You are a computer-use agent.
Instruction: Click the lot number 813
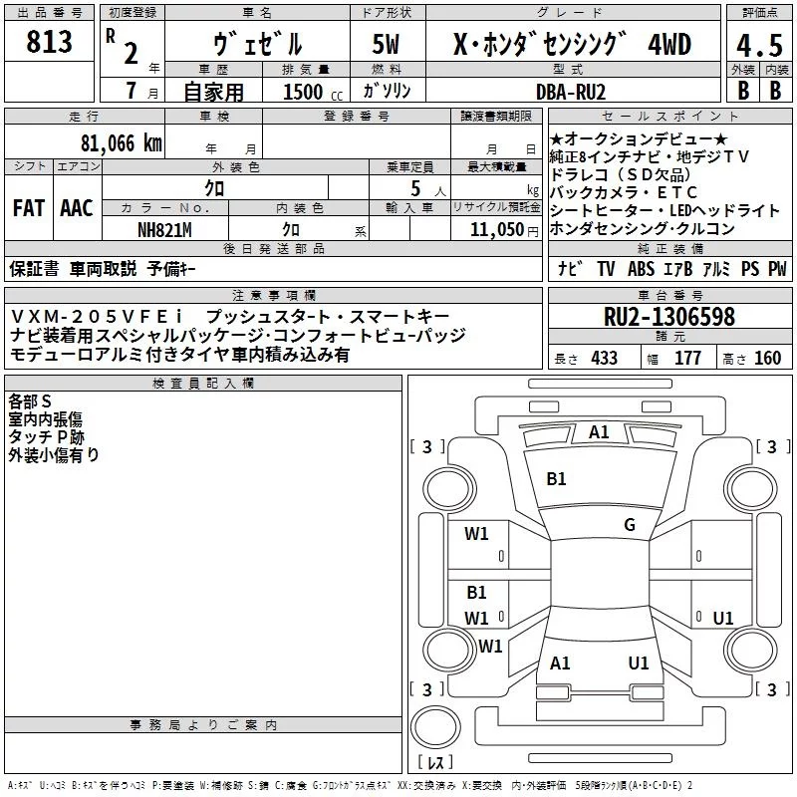[x=51, y=43]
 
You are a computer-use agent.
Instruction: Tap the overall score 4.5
[x=758, y=46]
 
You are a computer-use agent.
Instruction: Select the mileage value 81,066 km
[x=121, y=142]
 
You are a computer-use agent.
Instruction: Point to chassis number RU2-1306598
[x=668, y=318]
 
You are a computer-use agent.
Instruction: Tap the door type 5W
[x=388, y=44]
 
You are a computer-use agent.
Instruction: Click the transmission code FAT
[x=28, y=208]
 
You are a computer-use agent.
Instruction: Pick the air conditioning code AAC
[x=77, y=208]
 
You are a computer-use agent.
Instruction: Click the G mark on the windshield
[x=630, y=525]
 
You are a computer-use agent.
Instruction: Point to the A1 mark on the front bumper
[x=599, y=432]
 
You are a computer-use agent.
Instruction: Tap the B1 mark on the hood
[x=556, y=479]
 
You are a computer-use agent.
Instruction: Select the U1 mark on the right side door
[x=723, y=618]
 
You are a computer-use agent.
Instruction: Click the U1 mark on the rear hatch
[x=639, y=663]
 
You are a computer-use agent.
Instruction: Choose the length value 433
[x=603, y=359]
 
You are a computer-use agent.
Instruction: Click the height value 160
[x=767, y=359]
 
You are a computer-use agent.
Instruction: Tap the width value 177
[x=687, y=359]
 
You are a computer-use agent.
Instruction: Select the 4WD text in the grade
[x=668, y=44]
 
